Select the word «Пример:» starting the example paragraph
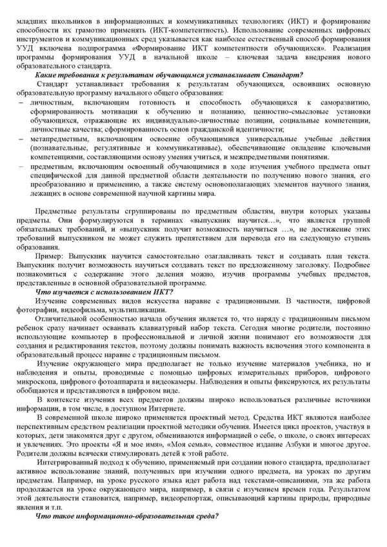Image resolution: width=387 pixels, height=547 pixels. [50, 256]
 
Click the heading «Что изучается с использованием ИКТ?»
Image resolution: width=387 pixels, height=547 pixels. [104, 292]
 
